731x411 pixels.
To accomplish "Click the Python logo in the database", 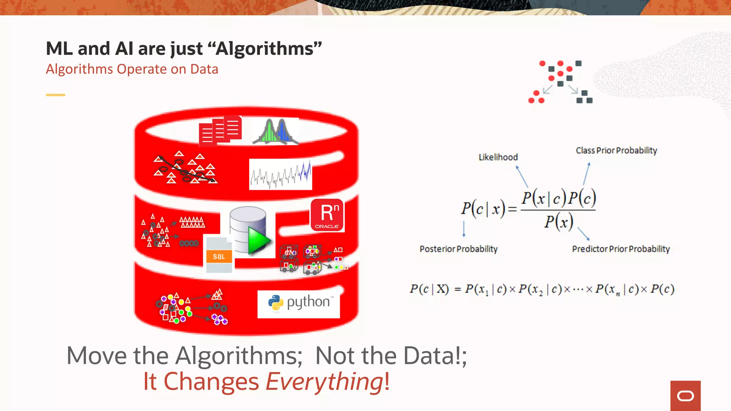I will [x=298, y=303].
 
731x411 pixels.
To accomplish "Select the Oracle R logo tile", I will [x=327, y=215].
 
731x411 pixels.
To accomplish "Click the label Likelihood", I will [x=498, y=157].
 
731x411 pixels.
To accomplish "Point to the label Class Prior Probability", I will [x=616, y=151].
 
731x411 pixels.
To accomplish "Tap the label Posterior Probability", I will [x=458, y=249].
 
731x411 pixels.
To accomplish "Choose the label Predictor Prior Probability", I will [x=621, y=249].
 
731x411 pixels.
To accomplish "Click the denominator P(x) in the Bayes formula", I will [x=559, y=222].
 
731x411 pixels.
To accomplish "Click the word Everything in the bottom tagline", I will [x=324, y=382].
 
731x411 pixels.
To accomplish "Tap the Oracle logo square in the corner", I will [x=685, y=396].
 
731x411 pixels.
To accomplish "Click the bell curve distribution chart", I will [x=275, y=132].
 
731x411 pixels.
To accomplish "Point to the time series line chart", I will [x=281, y=174].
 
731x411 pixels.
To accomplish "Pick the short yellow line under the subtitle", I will [x=55, y=95].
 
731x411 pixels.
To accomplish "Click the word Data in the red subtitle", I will [x=204, y=69].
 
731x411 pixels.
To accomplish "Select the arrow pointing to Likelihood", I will [x=522, y=177].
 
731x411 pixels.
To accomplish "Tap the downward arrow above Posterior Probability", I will [x=464, y=229].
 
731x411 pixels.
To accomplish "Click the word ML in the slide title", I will [x=60, y=49].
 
